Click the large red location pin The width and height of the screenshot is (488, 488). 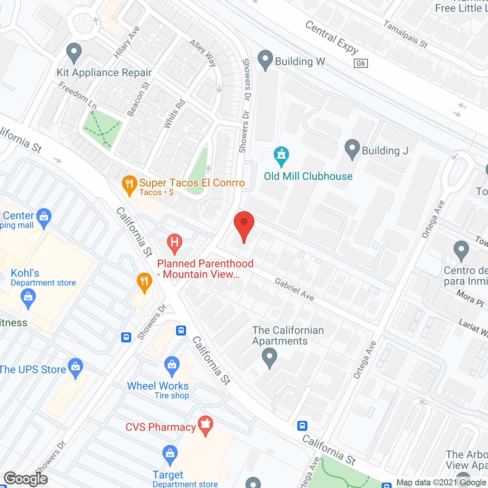(x=244, y=225)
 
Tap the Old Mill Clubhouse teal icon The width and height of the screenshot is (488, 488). (x=281, y=156)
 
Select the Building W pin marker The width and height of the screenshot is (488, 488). (x=265, y=59)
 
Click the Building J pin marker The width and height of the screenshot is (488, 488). (x=352, y=148)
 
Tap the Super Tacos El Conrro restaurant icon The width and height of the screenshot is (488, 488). (x=130, y=185)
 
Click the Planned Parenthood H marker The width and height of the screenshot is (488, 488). (x=175, y=243)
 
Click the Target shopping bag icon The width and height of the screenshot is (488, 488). (x=170, y=454)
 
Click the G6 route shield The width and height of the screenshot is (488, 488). (x=361, y=63)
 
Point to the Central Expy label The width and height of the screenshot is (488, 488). (x=332, y=37)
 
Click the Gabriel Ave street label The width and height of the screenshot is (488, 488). (x=295, y=289)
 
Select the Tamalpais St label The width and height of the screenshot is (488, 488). (x=405, y=34)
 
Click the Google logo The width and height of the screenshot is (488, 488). (x=26, y=479)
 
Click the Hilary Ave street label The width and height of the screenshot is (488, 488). (x=127, y=42)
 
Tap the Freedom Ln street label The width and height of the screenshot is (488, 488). (x=77, y=95)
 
